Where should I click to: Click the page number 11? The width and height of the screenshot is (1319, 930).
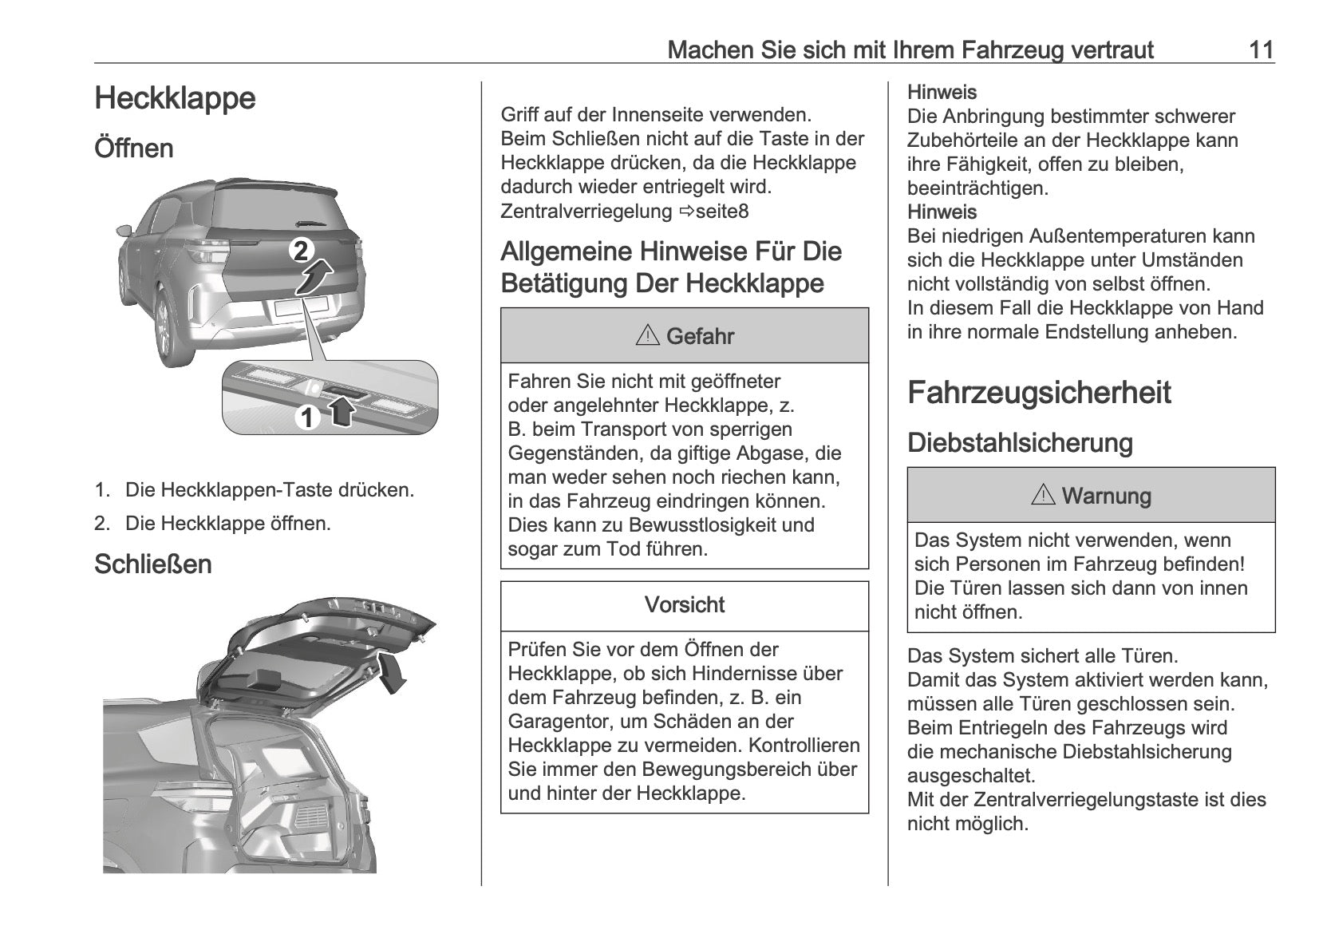coord(1261,50)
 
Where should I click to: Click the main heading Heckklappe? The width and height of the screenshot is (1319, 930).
coord(175,99)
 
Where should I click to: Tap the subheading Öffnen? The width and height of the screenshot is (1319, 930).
coord(133,148)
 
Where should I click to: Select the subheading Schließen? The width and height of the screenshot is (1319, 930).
coord(152,564)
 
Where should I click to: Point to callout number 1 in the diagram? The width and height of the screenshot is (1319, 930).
coord(307,417)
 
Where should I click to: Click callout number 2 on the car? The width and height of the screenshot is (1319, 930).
coord(301,251)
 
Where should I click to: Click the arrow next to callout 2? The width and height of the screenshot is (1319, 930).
coord(316,276)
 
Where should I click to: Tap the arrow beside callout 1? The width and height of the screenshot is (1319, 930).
coord(341,412)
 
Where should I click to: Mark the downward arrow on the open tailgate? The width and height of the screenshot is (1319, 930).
coord(393,672)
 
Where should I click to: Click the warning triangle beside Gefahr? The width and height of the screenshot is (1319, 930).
coord(647,336)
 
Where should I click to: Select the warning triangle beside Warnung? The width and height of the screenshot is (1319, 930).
coord(1043,496)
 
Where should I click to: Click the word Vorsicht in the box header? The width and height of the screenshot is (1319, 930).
coord(684,605)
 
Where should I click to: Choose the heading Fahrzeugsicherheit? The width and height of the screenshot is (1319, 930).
coord(1039,393)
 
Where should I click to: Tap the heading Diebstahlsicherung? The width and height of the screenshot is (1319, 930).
coord(1020,443)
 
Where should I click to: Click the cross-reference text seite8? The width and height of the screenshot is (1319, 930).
coord(722,212)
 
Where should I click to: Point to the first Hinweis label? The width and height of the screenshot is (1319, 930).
coord(942,93)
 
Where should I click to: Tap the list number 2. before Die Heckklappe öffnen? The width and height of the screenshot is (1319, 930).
coord(101,524)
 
